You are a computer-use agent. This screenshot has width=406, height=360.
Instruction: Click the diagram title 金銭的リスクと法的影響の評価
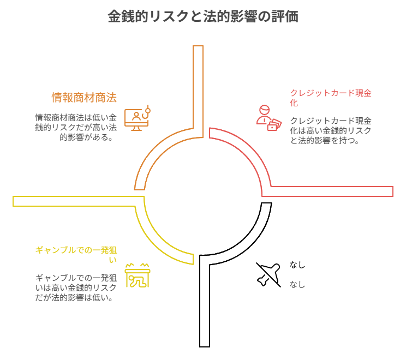click(202, 17)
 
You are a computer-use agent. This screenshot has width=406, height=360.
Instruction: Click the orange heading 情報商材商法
click(83, 98)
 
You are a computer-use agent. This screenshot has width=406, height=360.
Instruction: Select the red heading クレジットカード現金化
click(330, 98)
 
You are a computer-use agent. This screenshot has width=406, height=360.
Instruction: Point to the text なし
click(297, 284)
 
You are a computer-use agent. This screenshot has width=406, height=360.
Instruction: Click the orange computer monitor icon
click(137, 118)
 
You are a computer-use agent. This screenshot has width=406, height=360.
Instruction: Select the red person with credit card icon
click(268, 118)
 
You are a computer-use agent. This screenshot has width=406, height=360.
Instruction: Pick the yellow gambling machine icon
click(137, 275)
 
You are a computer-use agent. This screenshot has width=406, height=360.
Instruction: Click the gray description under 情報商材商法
click(76, 127)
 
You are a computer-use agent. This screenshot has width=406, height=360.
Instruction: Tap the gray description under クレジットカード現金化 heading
click(331, 131)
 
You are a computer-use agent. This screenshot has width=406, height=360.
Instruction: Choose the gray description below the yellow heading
click(76, 287)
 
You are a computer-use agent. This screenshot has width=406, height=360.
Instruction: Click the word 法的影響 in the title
click(229, 17)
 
